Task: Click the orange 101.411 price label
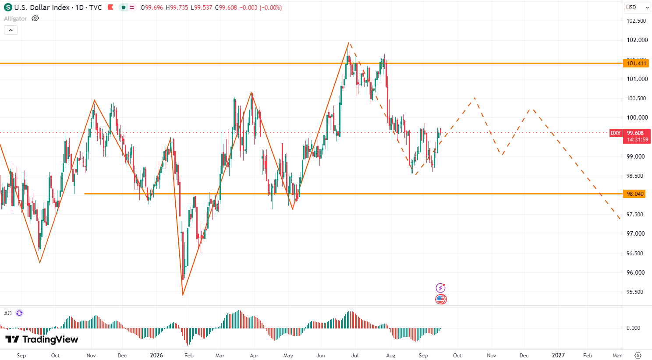point(636,64)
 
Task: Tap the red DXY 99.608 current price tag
point(630,136)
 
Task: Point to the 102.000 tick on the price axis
point(637,40)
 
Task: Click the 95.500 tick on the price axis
point(635,292)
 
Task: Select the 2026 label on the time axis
point(156,355)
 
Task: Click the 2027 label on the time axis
point(558,355)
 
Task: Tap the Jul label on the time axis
point(355,355)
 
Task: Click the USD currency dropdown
point(637,7)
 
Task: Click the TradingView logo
point(42,339)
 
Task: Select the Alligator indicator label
point(15,19)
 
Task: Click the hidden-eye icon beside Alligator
point(35,18)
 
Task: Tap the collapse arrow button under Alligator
point(11,30)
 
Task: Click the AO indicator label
point(8,313)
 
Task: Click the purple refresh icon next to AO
point(19,313)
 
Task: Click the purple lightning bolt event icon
point(441,288)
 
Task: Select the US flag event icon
point(441,299)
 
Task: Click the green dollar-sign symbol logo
point(8,7)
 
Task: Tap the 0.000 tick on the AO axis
point(633,328)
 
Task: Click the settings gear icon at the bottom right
point(638,355)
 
